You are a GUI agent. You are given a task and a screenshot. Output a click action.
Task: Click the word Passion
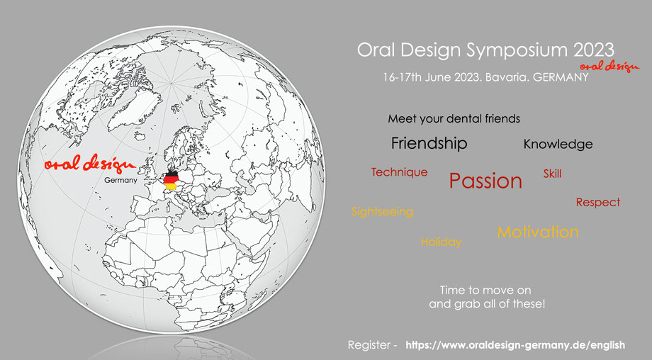click(x=485, y=181)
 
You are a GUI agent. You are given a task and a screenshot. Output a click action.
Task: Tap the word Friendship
click(x=429, y=143)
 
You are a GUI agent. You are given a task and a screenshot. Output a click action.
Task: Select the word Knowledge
click(x=558, y=145)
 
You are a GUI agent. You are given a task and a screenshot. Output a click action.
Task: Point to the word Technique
click(x=399, y=172)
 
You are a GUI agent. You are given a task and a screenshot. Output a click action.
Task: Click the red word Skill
click(x=552, y=174)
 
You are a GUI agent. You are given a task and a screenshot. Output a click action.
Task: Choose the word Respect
click(x=598, y=203)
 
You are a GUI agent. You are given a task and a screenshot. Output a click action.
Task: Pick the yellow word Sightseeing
click(x=383, y=212)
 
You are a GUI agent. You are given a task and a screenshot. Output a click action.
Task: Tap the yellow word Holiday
click(x=442, y=242)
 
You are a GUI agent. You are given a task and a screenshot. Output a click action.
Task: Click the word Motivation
click(x=538, y=232)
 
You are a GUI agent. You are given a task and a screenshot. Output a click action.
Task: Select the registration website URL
click(x=515, y=345)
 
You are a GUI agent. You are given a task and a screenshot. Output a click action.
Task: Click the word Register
click(x=369, y=345)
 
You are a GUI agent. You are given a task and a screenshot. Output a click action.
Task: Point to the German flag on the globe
click(x=172, y=179)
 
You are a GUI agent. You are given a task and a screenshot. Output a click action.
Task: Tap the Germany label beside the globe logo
click(x=120, y=181)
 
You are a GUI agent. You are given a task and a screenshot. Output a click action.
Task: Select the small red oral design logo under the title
click(x=609, y=66)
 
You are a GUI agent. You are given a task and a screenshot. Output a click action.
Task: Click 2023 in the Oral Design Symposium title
click(x=594, y=50)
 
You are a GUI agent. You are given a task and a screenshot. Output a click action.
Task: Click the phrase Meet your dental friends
click(x=454, y=119)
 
